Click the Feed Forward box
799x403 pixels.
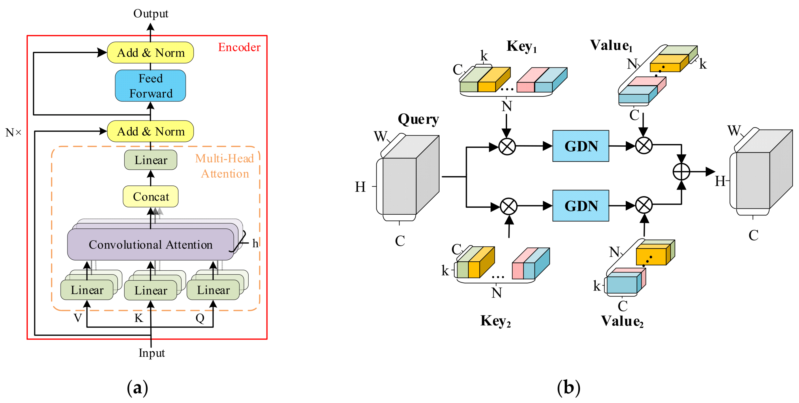pos(151,86)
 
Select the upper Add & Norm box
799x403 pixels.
pos(151,53)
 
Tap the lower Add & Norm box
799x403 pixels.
pos(151,131)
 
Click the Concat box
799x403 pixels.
pos(151,196)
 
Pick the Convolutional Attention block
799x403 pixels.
pos(151,244)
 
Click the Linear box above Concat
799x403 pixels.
pos(151,160)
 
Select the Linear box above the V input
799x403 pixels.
pos(87,290)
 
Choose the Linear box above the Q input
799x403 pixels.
pos(213,290)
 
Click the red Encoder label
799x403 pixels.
pos(239,47)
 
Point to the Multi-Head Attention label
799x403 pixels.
pos(225,166)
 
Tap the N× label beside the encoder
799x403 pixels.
pos(13,132)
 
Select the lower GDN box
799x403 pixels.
pos(581,206)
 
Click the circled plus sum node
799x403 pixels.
pos(681,172)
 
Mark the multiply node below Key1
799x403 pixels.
pos(507,146)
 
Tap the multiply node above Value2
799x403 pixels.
pos(644,205)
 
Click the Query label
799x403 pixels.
pos(418,119)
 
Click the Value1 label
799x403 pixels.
pos(611,46)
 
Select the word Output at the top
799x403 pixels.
pos(151,13)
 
